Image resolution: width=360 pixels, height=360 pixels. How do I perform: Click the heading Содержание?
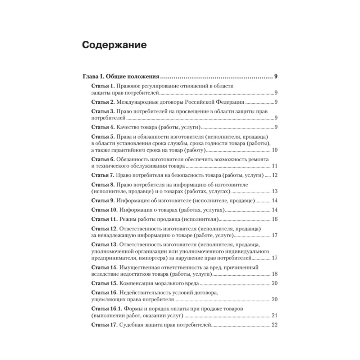click(114, 45)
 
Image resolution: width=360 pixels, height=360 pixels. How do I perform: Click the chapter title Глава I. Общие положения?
click(121, 76)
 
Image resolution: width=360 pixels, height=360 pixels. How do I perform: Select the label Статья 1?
click(102, 86)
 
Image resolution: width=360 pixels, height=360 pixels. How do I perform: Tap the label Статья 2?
click(102, 102)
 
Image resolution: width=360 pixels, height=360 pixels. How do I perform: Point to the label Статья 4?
click(102, 127)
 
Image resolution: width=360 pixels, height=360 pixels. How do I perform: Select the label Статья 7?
click(102, 175)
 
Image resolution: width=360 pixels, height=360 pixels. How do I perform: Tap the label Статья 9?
click(102, 201)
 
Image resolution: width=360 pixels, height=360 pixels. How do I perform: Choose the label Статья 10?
click(104, 210)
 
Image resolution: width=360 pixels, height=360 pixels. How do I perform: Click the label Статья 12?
click(104, 229)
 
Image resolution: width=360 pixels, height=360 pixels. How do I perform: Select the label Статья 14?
click(104, 267)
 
